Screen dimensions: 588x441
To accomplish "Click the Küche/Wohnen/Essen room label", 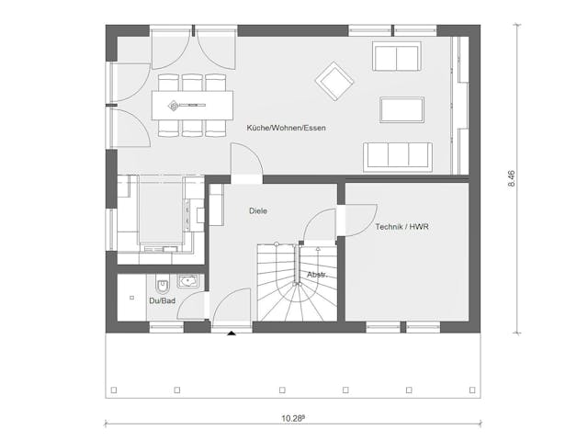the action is click(286, 128).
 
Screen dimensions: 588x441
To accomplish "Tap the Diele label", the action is click(258, 210).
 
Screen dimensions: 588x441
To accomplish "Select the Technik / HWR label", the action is click(401, 227).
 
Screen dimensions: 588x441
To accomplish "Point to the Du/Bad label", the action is click(162, 300).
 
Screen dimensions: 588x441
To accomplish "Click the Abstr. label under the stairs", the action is click(317, 275).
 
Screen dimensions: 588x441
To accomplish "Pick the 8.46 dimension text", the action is click(512, 178).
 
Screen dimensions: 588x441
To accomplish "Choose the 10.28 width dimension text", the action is click(292, 419).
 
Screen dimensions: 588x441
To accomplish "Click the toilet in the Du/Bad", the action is click(163, 286).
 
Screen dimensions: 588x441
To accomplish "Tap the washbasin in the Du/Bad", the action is click(187, 281).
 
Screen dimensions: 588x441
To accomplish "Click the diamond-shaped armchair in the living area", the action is click(334, 81).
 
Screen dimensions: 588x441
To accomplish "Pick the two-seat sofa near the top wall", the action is click(397, 56).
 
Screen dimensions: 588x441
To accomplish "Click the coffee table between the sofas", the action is click(402, 110).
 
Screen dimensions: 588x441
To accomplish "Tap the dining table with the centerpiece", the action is click(192, 106).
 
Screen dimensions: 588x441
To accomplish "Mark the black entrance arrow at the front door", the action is click(232, 333).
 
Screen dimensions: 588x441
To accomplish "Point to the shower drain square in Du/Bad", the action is click(131, 298).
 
